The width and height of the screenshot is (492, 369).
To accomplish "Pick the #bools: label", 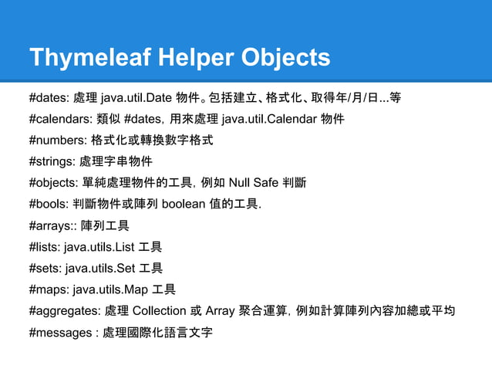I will coord(49,205).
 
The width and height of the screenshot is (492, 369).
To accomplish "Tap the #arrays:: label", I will coord(52,226).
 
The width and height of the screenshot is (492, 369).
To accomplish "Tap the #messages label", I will coord(59,333).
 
